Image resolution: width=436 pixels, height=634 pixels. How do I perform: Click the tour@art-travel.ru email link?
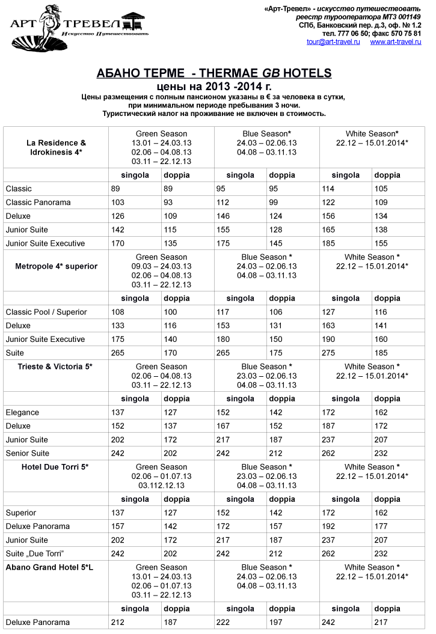[x=333, y=42]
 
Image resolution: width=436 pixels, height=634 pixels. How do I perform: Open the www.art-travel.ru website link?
[x=396, y=42]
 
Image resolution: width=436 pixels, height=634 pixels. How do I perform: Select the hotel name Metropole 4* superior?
[x=56, y=266]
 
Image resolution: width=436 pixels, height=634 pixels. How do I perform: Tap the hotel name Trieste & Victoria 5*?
[x=55, y=367]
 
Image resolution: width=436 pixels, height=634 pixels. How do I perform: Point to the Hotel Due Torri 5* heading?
[x=55, y=467]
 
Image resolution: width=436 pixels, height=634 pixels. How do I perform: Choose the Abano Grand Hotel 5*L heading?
[x=49, y=567]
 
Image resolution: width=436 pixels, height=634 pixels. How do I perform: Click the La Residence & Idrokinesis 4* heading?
[x=56, y=148]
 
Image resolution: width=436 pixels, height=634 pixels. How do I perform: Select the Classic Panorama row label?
[x=38, y=203]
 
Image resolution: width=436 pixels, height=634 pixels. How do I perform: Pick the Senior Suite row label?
[x=28, y=453]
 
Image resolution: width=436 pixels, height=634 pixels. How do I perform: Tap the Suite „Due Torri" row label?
[x=34, y=553]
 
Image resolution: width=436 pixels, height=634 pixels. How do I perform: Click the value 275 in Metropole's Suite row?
[x=328, y=353]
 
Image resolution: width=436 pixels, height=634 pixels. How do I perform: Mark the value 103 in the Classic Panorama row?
[x=118, y=203]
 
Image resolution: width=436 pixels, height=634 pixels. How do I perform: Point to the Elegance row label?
[x=22, y=412]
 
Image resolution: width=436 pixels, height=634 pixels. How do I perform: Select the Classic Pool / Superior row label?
[x=46, y=312]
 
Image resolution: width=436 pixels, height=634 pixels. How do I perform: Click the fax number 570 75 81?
[x=406, y=34]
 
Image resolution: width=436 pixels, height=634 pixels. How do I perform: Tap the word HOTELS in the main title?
[x=307, y=73]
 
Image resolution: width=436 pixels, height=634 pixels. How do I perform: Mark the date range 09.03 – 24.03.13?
[x=161, y=266]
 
